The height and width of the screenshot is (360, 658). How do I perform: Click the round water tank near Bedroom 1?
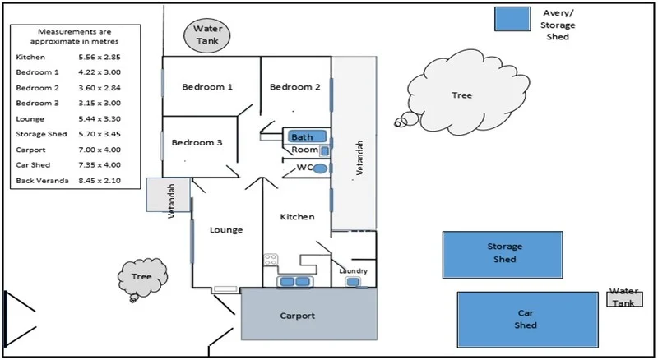[202, 35]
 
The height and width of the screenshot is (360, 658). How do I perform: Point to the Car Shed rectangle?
[527, 319]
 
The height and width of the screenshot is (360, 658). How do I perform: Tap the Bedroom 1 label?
[207, 87]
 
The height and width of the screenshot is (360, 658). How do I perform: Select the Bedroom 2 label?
[294, 87]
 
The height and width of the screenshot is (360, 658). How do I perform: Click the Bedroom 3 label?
[197, 142]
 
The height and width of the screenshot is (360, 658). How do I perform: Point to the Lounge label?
[226, 230]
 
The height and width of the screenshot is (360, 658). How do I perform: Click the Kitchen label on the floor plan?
[298, 217]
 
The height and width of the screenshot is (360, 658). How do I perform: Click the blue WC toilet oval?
[321, 168]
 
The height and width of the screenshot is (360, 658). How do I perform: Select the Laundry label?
[354, 270]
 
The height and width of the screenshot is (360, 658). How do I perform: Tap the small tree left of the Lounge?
[141, 277]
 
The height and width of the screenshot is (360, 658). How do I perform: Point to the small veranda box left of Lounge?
[169, 194]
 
